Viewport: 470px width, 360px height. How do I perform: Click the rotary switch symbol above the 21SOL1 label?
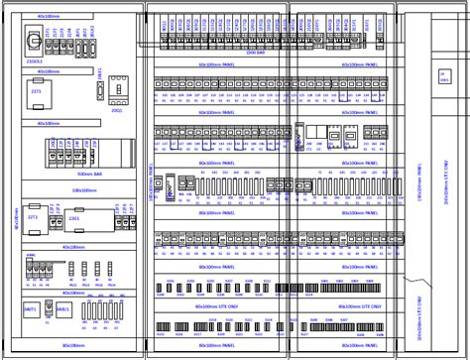coord(33,41)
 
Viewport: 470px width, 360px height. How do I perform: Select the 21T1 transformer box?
coord(37,91)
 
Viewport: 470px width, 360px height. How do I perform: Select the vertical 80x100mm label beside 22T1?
coord(17,218)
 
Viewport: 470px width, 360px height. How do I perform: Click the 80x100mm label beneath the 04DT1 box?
coord(72,344)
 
